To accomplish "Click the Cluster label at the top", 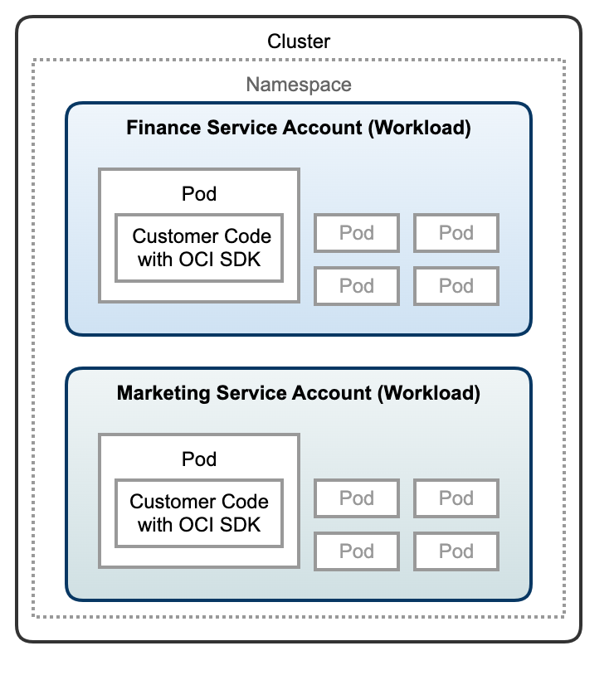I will (299, 41).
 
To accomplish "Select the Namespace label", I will (299, 85).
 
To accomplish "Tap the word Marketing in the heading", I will (163, 393).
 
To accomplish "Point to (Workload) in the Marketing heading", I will (428, 393).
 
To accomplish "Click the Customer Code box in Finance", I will (199, 247).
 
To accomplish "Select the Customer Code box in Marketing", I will (199, 512).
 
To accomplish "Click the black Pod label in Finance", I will (199, 194).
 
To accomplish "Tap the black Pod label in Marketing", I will (199, 459).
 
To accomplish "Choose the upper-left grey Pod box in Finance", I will (357, 233).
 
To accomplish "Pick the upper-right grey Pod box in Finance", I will (456, 233).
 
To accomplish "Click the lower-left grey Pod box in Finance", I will (357, 286).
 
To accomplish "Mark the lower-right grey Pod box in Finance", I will (456, 286).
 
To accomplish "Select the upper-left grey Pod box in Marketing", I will (357, 498).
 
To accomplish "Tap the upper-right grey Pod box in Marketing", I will (456, 498).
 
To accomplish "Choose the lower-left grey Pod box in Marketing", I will (357, 551).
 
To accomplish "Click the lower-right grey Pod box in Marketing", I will (456, 551).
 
